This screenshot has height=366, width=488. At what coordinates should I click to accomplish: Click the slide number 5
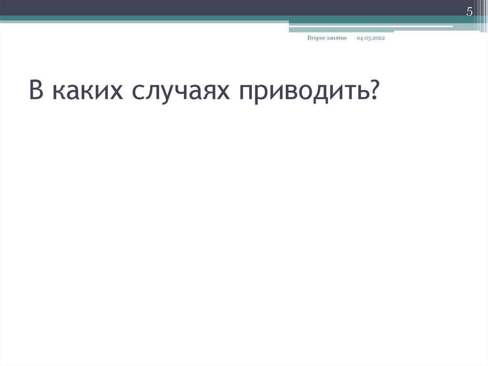(469, 12)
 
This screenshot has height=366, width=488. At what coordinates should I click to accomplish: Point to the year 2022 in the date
(378, 38)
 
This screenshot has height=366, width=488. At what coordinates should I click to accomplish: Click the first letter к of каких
(59, 91)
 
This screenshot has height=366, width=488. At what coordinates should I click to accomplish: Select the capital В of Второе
(309, 38)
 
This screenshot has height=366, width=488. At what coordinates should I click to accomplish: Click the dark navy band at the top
(191, 7)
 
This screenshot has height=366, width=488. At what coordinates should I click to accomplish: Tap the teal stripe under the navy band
(143, 18)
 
